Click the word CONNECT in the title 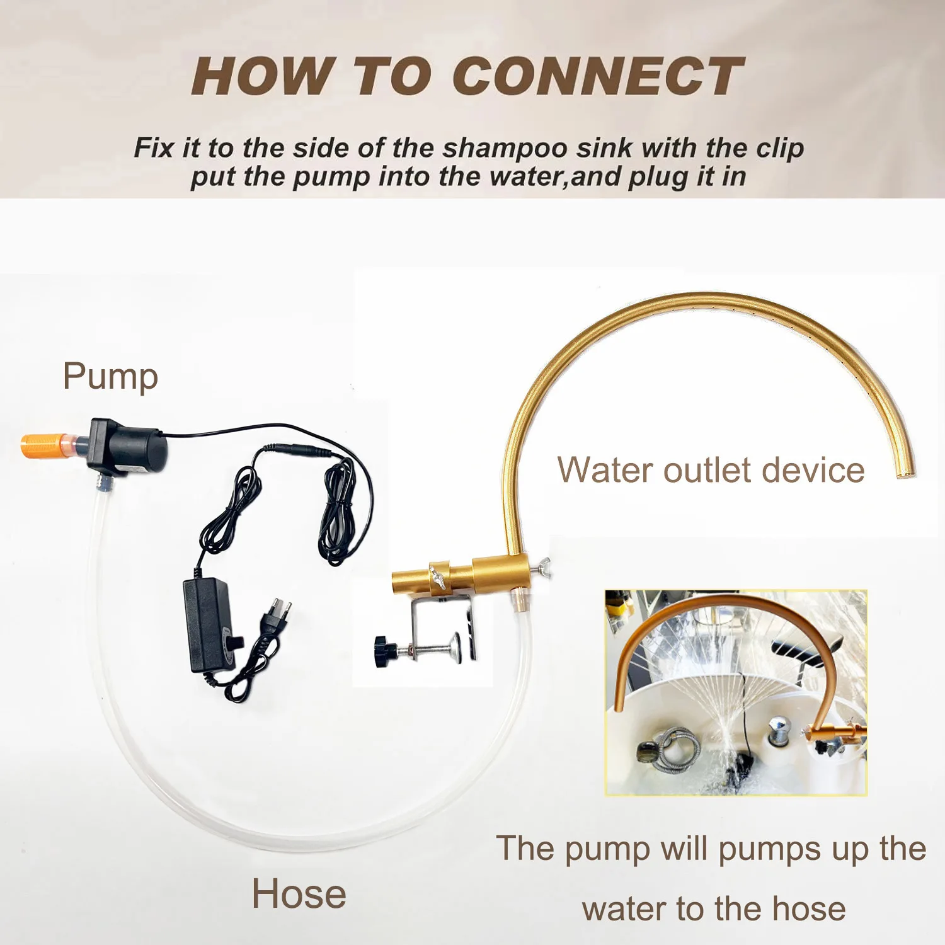click(597, 76)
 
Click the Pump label click(110, 377)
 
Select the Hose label click(299, 894)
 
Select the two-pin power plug click(278, 612)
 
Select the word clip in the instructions click(779, 148)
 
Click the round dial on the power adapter click(236, 642)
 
